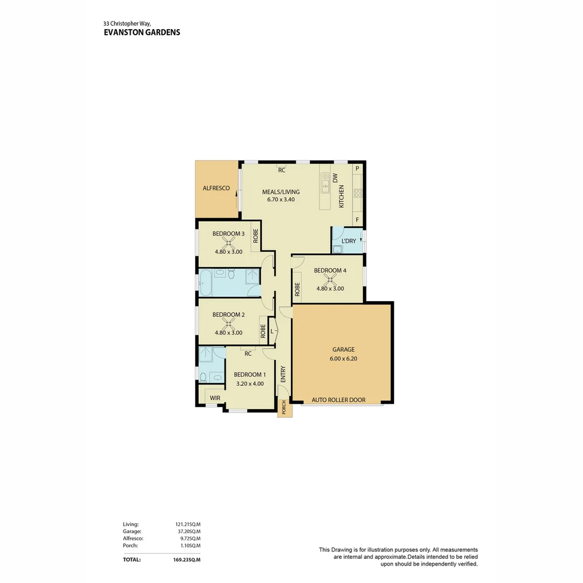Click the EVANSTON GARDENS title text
pyautogui.click(x=141, y=32)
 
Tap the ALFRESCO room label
pyautogui.click(x=216, y=188)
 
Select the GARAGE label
pyautogui.click(x=343, y=349)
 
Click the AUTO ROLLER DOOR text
pyautogui.click(x=338, y=400)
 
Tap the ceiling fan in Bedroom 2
pyautogui.click(x=228, y=324)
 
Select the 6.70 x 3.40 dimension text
pyautogui.click(x=281, y=199)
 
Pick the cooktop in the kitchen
pyautogui.click(x=357, y=193)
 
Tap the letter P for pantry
pyautogui.click(x=357, y=168)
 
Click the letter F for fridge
pyautogui.click(x=357, y=220)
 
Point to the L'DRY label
pyautogui.click(x=349, y=241)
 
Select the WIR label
pyautogui.click(x=215, y=398)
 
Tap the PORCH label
pyautogui.click(x=284, y=408)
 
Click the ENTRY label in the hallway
pyautogui.click(x=282, y=374)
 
